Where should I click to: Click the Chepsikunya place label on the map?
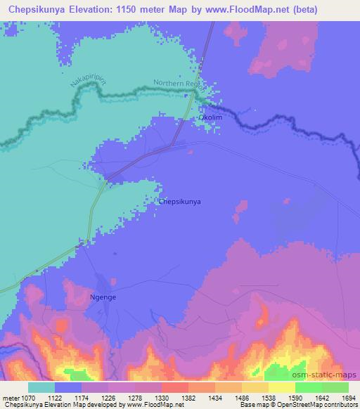coord(181,202)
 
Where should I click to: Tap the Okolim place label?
coord(210,117)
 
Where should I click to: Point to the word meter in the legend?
coord(9,398)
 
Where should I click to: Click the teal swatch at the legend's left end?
coord(41,387)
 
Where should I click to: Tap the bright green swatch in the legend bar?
coord(309,387)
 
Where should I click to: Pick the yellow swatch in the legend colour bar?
coord(282,387)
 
